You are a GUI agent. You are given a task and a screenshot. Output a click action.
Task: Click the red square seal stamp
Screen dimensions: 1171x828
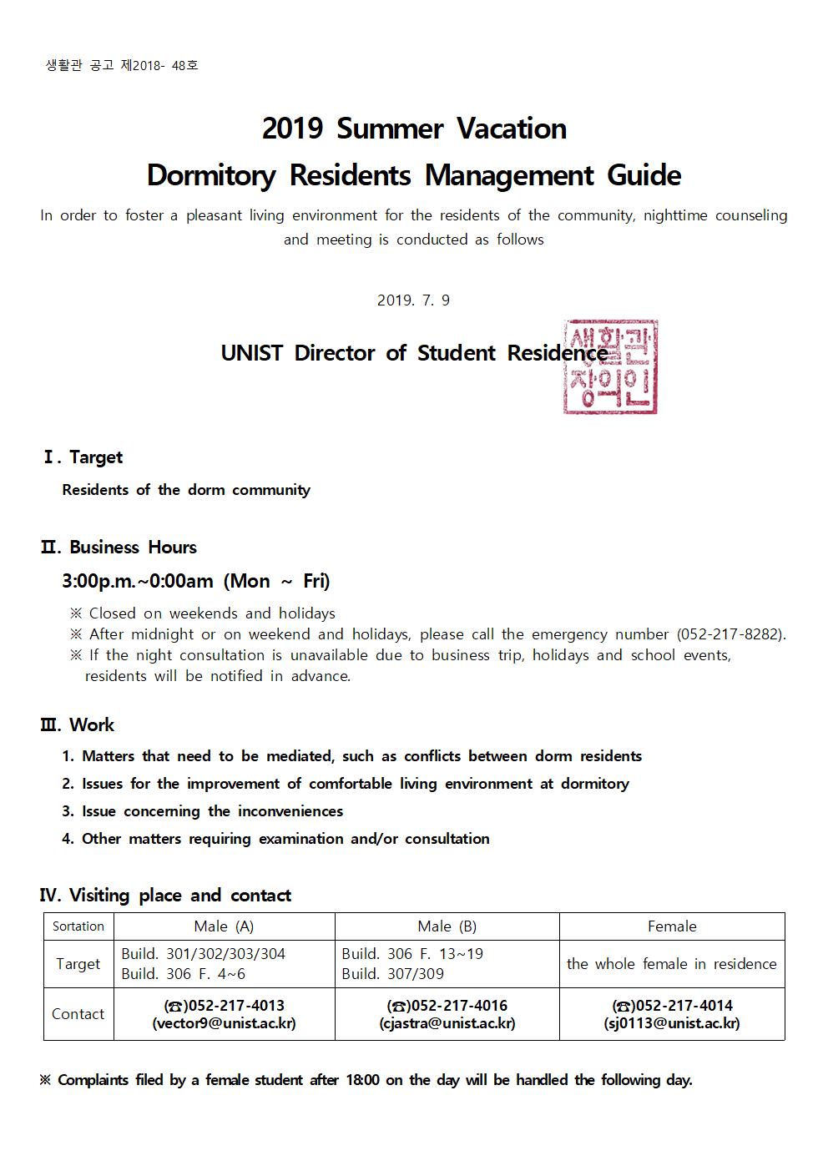(x=610, y=367)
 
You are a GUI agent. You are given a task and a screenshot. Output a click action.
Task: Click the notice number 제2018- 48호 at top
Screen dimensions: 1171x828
(x=159, y=65)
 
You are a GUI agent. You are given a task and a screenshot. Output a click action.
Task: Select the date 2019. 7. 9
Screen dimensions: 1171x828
(x=413, y=300)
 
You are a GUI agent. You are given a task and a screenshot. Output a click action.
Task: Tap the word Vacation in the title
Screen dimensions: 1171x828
(x=511, y=129)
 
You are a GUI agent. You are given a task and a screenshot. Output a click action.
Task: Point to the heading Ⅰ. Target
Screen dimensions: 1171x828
(x=83, y=457)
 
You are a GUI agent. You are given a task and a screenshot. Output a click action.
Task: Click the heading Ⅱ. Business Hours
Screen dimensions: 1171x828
(x=119, y=548)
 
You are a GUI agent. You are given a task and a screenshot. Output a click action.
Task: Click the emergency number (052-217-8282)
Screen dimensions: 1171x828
(x=730, y=634)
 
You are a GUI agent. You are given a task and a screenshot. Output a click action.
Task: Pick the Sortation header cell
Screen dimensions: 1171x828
(x=78, y=926)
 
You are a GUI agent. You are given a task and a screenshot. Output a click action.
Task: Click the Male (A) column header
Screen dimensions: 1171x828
(x=224, y=926)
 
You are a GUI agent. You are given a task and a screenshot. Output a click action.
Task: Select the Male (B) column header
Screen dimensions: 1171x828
(x=447, y=926)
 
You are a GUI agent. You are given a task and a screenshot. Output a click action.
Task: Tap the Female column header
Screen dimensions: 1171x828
(x=672, y=926)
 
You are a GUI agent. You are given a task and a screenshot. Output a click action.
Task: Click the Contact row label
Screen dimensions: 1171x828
(x=78, y=1014)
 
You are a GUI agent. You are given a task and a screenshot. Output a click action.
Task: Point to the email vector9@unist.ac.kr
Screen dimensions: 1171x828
(x=224, y=1023)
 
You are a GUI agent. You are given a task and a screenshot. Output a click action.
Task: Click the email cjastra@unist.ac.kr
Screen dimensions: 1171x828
(x=447, y=1023)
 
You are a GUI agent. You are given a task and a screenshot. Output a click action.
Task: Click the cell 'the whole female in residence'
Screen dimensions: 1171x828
(x=672, y=964)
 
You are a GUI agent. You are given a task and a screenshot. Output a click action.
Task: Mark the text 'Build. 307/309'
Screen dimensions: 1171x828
(x=392, y=974)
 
